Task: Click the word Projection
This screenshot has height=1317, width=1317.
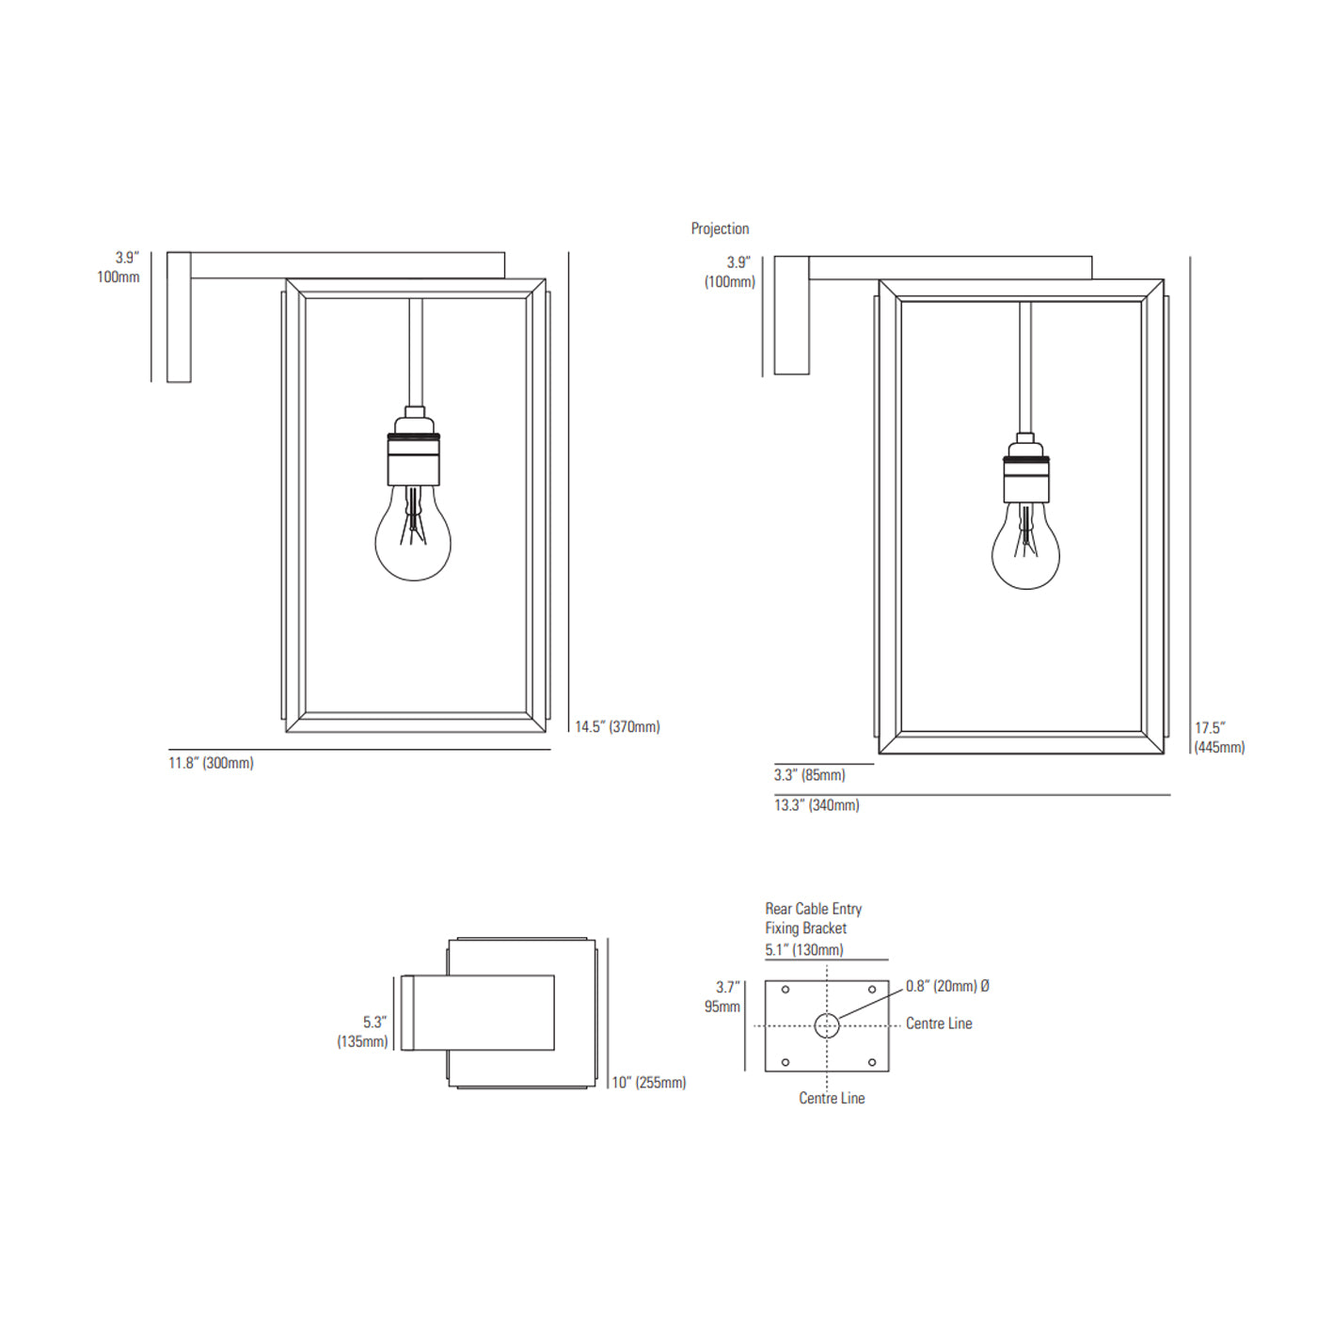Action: point(720,229)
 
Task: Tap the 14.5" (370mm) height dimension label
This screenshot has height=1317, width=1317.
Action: point(617,726)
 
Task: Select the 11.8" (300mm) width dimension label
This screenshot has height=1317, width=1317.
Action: point(211,763)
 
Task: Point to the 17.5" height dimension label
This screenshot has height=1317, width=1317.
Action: point(1220,738)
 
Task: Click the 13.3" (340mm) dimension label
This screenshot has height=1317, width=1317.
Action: point(817,805)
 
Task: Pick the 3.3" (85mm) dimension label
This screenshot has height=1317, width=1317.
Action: point(810,775)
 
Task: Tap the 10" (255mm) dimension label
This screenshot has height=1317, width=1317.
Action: point(648,1082)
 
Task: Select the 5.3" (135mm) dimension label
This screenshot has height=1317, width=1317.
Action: point(362,1031)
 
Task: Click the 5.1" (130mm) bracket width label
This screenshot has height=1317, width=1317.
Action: point(804,949)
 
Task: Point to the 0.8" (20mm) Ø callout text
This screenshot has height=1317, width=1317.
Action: point(948,986)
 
